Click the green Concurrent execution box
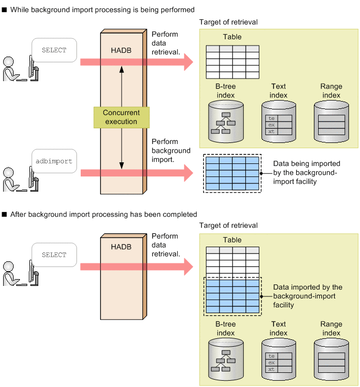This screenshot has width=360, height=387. coord(121,117)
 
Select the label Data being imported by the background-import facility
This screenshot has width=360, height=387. coord(307,172)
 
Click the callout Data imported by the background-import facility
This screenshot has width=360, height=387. coord(308,296)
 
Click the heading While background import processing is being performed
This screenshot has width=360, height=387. coord(102,9)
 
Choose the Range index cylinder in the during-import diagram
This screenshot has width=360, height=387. coord(331,122)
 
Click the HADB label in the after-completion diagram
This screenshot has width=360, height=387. coord(121,246)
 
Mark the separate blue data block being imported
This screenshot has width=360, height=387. coord(232,173)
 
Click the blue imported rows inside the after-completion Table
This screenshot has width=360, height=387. coord(232,296)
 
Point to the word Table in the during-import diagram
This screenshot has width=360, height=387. coord(232,37)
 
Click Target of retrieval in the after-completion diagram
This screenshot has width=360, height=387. coord(228,226)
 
